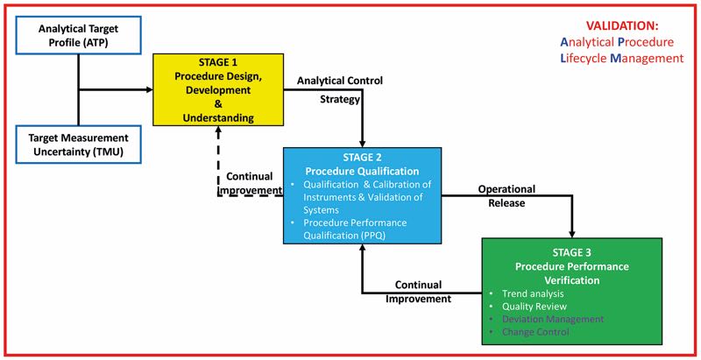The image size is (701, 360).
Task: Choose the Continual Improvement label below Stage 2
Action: pyautogui.click(x=419, y=291)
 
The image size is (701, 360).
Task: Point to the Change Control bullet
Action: pyautogui.click(x=536, y=332)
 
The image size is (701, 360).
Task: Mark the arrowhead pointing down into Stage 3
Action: pyautogui.click(x=573, y=232)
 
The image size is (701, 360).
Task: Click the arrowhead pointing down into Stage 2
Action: pyautogui.click(x=363, y=141)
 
